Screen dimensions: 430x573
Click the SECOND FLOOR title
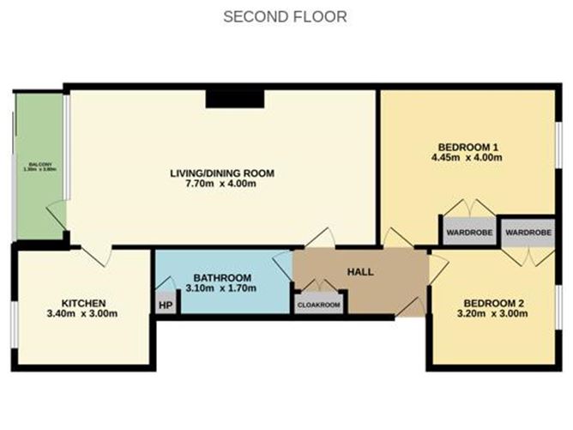click(285, 16)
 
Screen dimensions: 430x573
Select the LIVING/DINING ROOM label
click(222, 173)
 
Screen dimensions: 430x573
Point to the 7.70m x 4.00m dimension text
click(222, 184)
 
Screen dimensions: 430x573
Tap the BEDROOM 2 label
click(492, 303)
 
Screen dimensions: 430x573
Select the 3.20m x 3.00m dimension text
click(492, 314)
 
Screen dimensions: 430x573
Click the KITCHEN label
click(83, 303)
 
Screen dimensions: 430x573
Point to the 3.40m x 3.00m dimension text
click(83, 314)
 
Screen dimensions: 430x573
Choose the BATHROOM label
click(221, 277)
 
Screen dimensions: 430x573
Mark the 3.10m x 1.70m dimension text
click(221, 288)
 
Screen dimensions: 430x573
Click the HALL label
click(359, 271)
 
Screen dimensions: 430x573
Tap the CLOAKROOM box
click(319, 305)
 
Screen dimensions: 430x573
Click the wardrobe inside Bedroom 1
click(467, 232)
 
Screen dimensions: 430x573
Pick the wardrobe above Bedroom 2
click(528, 232)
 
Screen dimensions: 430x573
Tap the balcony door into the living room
click(57, 215)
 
